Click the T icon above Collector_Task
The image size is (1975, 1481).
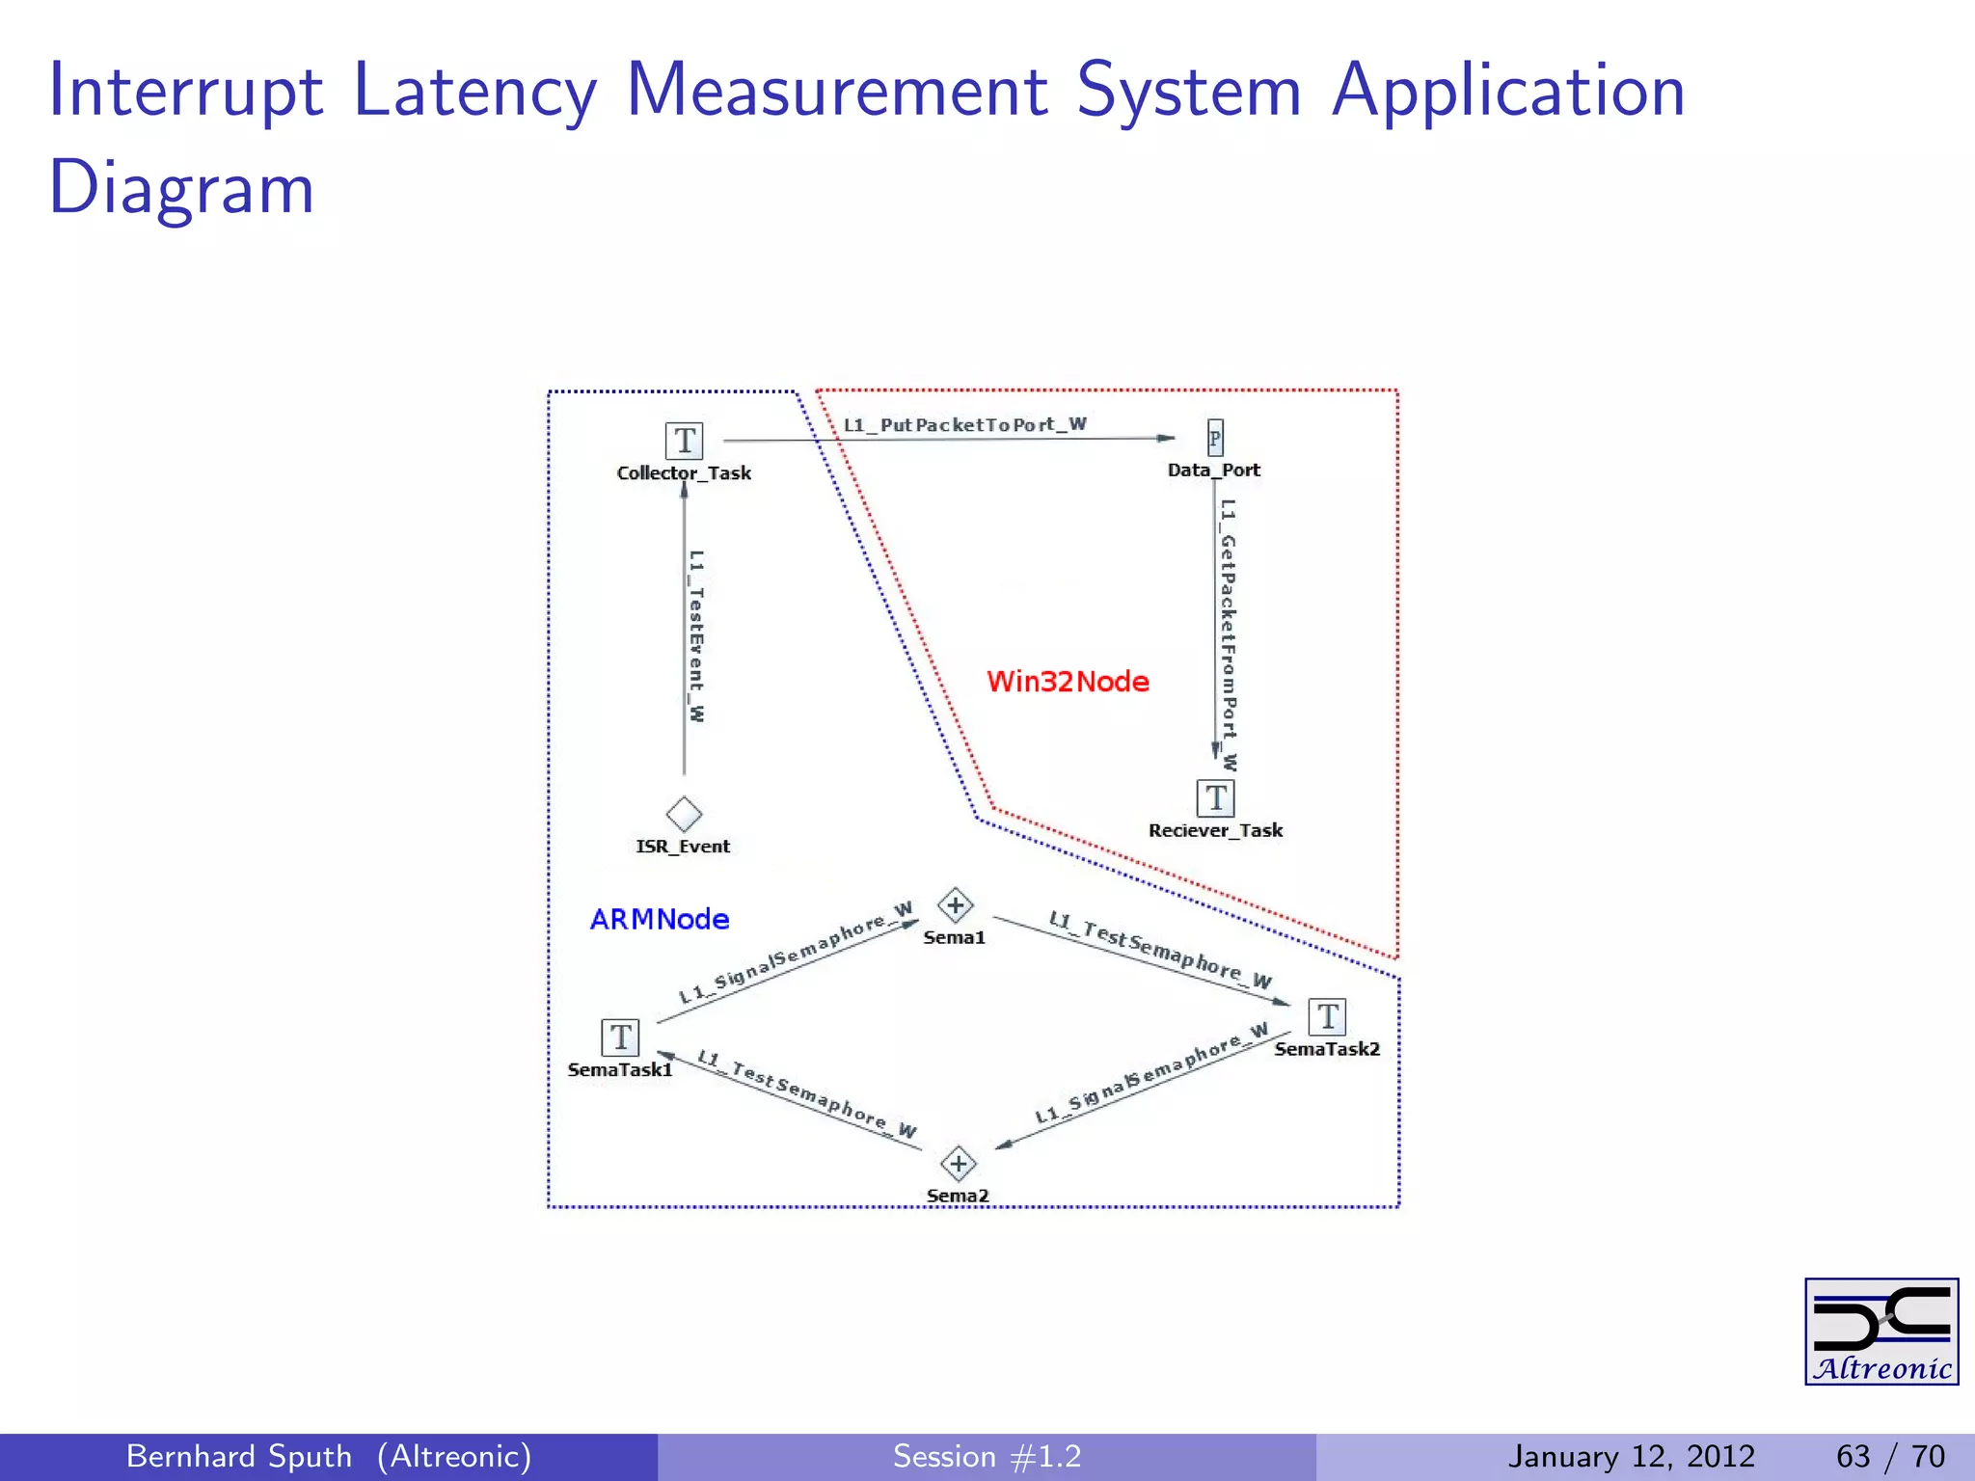(684, 441)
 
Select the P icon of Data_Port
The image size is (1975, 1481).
(1215, 439)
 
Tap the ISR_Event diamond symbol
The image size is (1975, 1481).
(684, 814)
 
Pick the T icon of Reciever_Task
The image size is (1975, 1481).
(1215, 798)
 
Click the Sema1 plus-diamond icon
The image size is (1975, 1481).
(956, 905)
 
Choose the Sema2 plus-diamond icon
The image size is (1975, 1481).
(958, 1164)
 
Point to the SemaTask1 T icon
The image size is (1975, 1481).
(620, 1037)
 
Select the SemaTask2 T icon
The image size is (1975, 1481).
(1327, 1016)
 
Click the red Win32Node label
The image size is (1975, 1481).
(1068, 682)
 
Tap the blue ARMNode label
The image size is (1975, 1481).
(660, 919)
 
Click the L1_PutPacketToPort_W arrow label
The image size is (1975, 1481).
(964, 424)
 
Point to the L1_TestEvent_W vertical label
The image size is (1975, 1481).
(696, 635)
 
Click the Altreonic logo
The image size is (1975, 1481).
(1880, 1332)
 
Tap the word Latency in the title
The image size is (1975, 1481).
(475, 91)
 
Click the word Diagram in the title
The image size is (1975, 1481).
(181, 187)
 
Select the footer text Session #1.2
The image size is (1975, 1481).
(987, 1456)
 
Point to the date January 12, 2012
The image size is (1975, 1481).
(1631, 1456)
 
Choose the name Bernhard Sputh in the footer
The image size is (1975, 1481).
(239, 1456)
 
